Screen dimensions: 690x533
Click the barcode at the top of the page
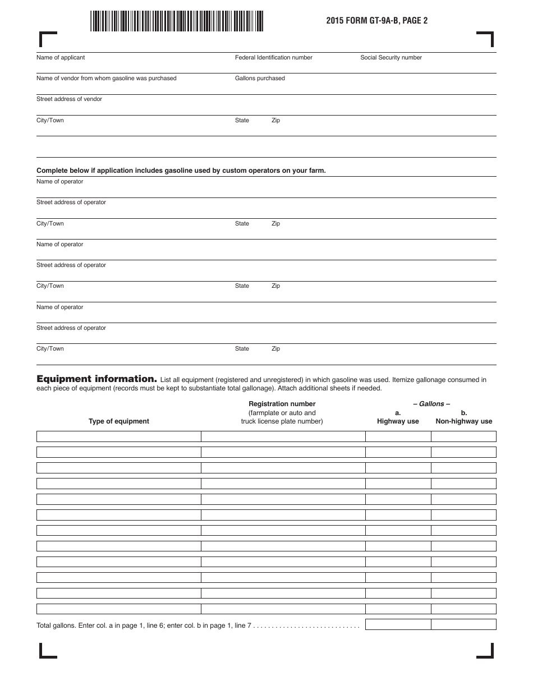pos(176,21)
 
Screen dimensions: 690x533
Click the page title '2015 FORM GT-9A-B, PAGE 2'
pos(373,21)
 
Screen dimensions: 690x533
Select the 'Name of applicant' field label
pos(61,58)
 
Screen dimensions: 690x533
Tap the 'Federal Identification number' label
pos(273,58)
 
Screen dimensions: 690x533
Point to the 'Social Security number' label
pos(390,58)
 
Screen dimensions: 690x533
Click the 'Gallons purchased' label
pos(260,79)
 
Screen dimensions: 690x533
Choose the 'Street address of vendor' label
pos(69,99)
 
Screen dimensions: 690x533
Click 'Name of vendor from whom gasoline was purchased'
pos(106,79)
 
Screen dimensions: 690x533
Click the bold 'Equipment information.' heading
pos(97,379)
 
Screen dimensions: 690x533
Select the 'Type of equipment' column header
pos(119,421)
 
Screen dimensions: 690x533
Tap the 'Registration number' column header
pos(282,404)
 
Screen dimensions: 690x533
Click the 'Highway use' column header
pos(398,421)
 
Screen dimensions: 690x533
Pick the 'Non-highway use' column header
pos(463,421)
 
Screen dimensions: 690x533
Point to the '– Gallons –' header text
pos(431,404)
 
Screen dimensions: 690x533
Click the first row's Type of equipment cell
pos(119,436)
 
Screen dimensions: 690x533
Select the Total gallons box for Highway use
pos(398,624)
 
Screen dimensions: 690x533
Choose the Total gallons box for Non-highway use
pos(463,624)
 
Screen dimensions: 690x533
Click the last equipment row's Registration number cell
pos(283,609)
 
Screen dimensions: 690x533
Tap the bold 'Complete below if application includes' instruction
pos(181,171)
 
